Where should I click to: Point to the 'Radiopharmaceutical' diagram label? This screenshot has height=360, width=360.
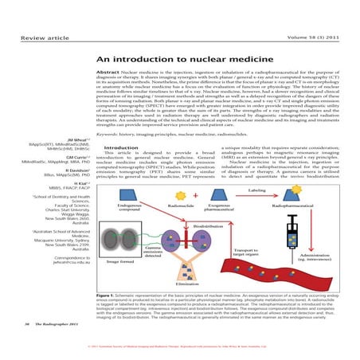294,206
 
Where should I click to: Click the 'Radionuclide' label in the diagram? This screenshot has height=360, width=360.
190,206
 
